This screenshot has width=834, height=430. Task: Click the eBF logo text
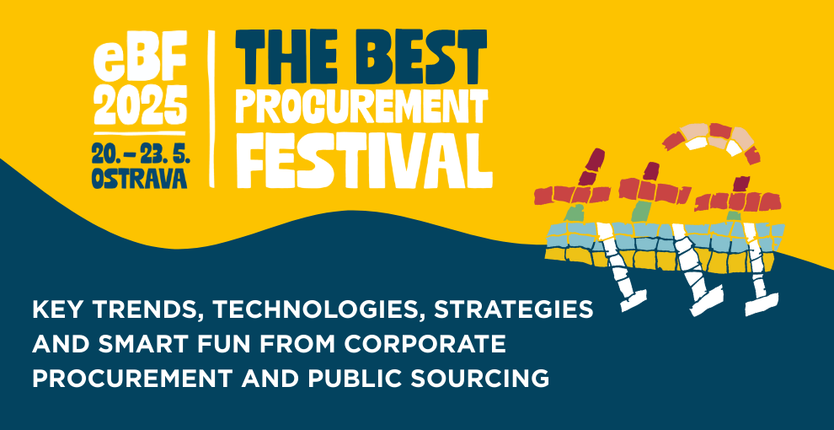[141, 62]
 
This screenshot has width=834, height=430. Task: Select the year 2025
[141, 105]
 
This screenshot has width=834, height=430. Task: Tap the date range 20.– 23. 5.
[141, 155]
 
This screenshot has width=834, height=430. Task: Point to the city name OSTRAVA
[140, 178]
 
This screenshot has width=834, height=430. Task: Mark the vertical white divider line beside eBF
[211, 109]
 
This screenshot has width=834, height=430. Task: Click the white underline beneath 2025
[140, 133]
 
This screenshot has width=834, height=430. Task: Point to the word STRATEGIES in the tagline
[513, 310]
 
